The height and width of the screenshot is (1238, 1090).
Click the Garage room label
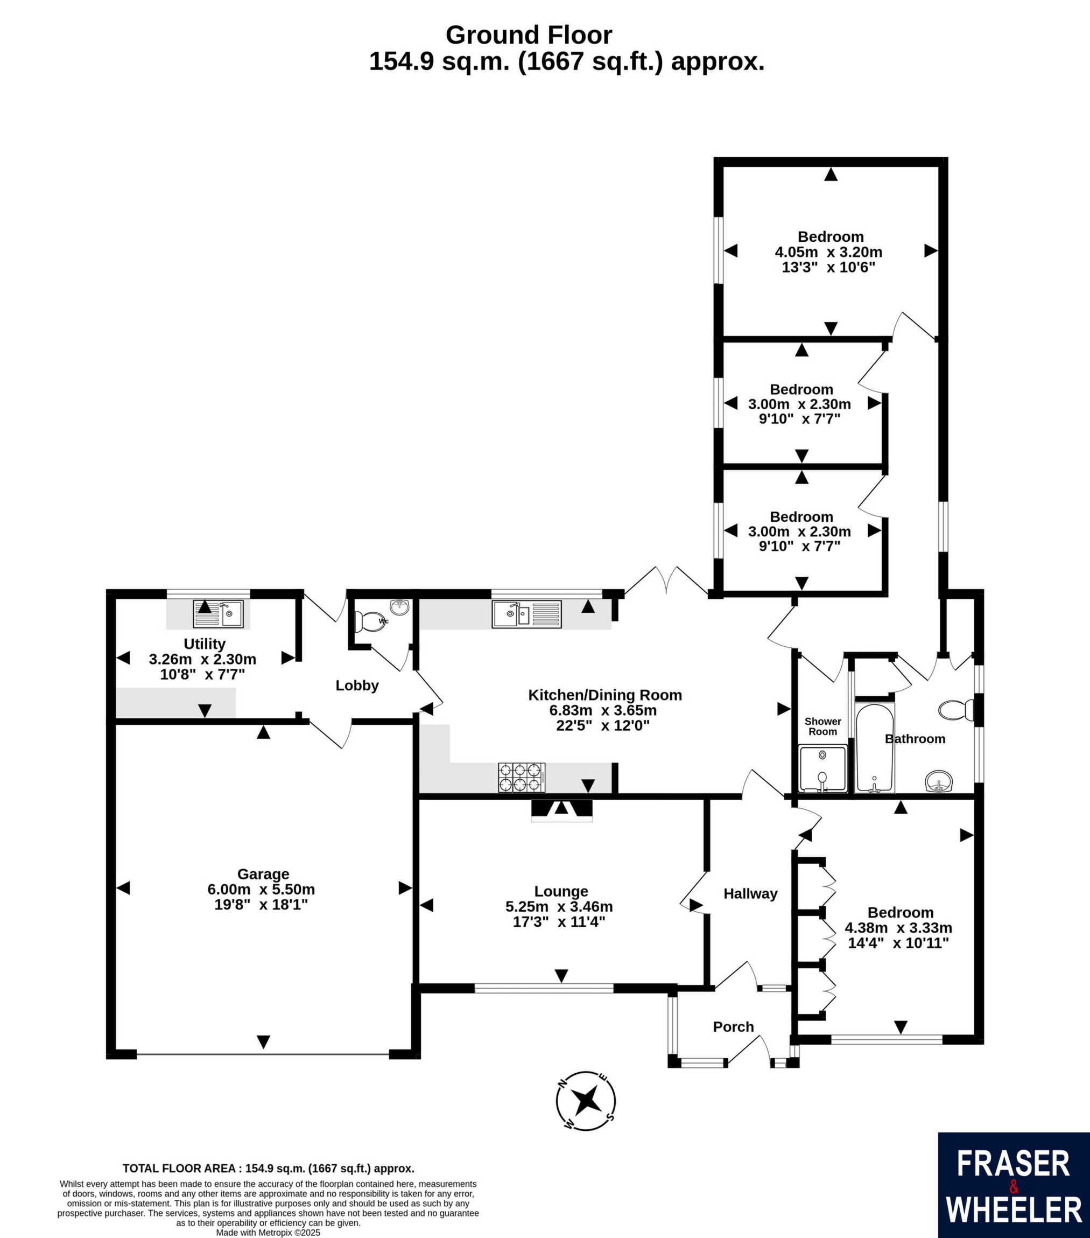click(263, 874)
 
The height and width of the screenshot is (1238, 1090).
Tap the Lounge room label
click(561, 891)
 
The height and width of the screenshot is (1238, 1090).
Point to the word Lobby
click(357, 685)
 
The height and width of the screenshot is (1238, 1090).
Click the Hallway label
click(750, 893)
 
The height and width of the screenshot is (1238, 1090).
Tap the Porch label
click(733, 1026)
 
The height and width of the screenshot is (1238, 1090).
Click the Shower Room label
click(823, 726)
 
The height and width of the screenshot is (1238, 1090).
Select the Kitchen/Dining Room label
click(605, 695)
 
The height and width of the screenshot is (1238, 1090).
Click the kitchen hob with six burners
click(522, 777)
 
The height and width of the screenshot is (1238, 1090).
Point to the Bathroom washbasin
click(939, 781)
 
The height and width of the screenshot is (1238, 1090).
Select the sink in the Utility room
click(218, 613)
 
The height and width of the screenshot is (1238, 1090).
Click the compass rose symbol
click(586, 1101)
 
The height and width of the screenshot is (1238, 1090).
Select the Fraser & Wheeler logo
click(1014, 1185)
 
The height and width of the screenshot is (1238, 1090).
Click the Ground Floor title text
click(529, 35)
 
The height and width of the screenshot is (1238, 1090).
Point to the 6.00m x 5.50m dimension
click(261, 890)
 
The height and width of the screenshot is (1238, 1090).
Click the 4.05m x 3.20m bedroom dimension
click(828, 252)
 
